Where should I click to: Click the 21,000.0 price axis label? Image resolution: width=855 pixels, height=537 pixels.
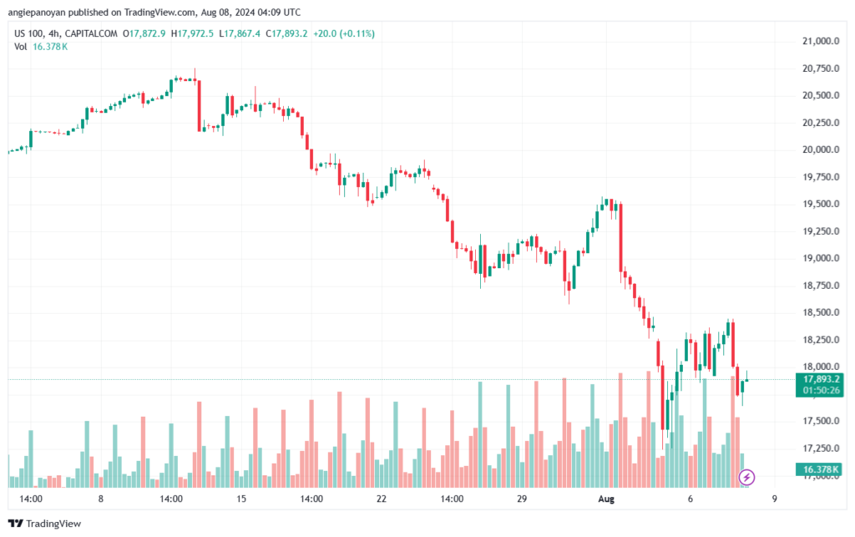tap(821, 41)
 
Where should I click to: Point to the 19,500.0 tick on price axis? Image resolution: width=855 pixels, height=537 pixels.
tap(821, 204)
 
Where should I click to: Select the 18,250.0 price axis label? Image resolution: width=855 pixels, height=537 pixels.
tap(821, 340)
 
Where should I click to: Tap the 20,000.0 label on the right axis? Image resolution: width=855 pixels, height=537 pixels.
tap(821, 149)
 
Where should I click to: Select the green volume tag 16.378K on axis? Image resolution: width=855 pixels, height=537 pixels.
tap(819, 469)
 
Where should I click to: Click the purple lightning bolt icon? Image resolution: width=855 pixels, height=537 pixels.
tap(746, 478)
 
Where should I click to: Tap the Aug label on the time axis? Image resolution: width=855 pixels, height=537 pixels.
tap(606, 499)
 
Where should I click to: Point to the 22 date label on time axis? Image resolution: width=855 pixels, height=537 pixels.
tap(381, 499)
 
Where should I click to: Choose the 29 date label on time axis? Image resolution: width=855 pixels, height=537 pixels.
tap(522, 499)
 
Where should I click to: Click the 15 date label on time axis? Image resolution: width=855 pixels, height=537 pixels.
tap(241, 499)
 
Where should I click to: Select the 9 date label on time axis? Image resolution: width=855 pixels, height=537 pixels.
tap(774, 499)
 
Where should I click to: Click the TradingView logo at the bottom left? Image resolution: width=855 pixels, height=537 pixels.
tap(45, 524)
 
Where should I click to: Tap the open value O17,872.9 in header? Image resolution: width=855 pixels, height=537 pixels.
tap(144, 33)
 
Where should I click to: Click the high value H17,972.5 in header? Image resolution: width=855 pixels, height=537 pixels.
tap(193, 33)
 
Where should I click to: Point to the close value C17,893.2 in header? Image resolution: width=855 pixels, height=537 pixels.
tap(287, 33)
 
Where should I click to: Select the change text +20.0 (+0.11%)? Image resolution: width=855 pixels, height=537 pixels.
tap(343, 33)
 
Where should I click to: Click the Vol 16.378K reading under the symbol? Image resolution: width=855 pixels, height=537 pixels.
tap(41, 47)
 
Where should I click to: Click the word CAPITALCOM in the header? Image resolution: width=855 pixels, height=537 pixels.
tap(91, 33)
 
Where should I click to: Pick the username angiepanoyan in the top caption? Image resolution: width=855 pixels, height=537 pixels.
tap(37, 12)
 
